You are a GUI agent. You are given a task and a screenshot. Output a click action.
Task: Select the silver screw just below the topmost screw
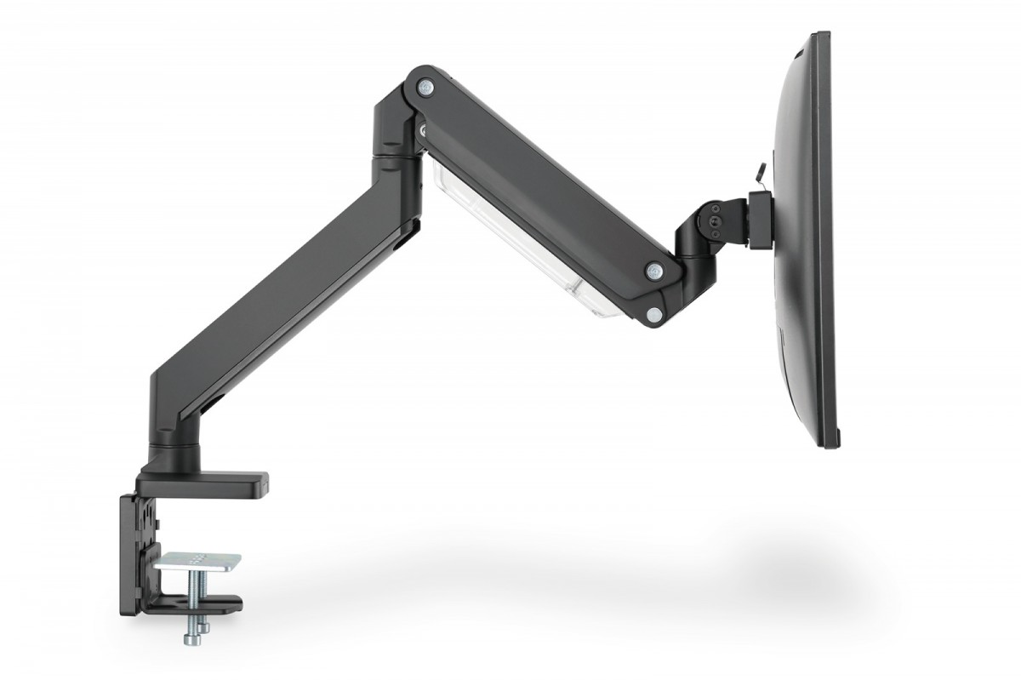[x=423, y=129]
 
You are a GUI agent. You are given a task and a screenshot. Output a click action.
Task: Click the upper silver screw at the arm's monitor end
[x=653, y=271]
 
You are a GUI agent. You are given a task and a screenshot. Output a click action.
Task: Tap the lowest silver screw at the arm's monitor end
[x=653, y=314]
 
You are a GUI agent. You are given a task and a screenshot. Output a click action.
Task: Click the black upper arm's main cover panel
[x=545, y=187]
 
